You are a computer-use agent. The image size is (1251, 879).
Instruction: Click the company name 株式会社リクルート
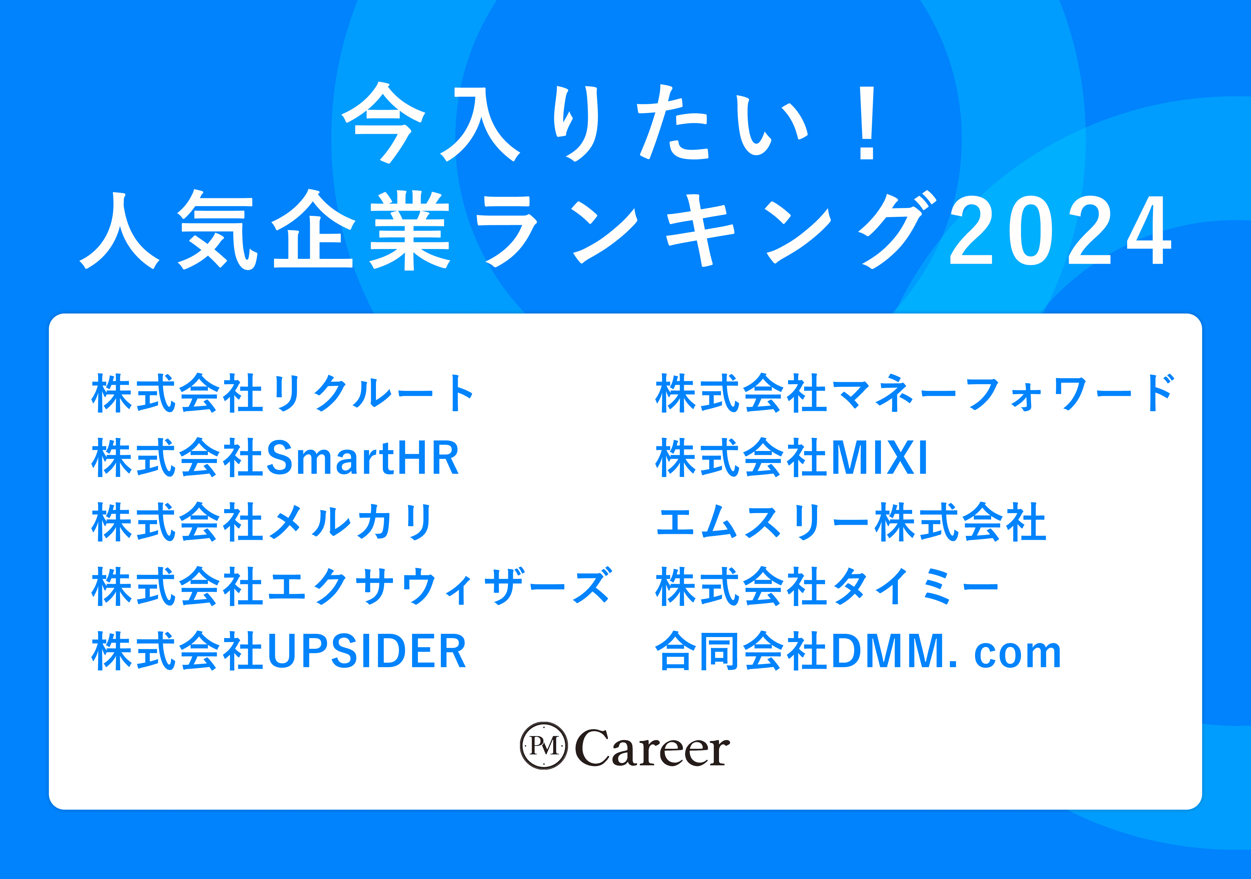click(282, 393)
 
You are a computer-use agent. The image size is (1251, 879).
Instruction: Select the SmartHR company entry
click(276, 457)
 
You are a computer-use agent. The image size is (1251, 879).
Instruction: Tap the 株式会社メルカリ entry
click(262, 522)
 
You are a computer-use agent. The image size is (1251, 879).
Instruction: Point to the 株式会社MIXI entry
click(791, 457)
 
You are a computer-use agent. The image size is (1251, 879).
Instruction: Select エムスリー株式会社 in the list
click(851, 522)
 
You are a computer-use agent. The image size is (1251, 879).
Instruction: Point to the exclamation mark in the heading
click(867, 122)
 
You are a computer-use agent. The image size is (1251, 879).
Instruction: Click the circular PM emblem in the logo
click(544, 746)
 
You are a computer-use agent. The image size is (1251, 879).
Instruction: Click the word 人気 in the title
click(169, 230)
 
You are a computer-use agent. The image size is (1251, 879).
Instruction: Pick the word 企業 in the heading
click(362, 230)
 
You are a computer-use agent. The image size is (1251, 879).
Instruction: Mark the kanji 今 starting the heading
click(383, 122)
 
